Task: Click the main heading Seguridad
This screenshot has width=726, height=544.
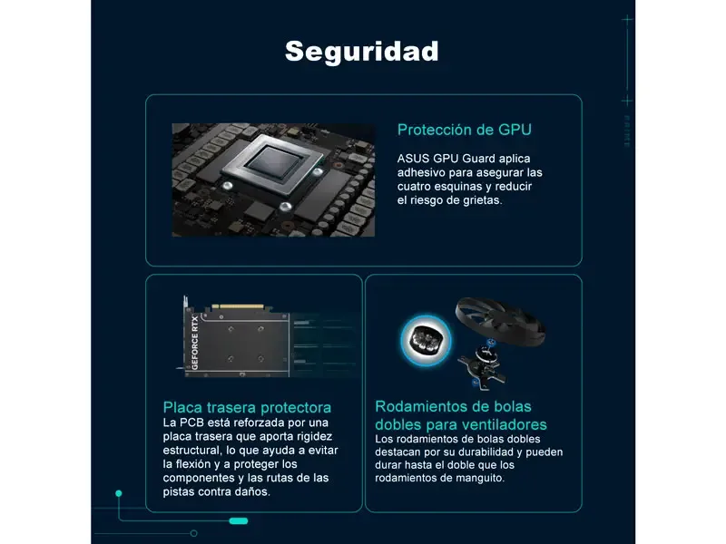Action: pos(361,51)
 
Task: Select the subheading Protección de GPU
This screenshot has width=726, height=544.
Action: pos(465,130)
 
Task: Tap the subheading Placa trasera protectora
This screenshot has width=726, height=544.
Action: pos(247,407)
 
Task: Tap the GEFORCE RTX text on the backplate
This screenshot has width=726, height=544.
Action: pos(195,343)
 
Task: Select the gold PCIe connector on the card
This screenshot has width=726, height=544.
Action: pos(238,306)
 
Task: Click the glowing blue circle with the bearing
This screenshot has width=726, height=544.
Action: pos(426,341)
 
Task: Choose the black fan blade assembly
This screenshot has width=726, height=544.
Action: pos(501,320)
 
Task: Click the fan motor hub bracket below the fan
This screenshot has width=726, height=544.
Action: pos(482,364)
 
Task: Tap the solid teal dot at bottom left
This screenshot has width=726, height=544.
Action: pos(119,493)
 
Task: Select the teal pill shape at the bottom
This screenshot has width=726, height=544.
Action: pos(239,521)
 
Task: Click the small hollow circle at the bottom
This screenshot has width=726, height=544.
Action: pos(194,533)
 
